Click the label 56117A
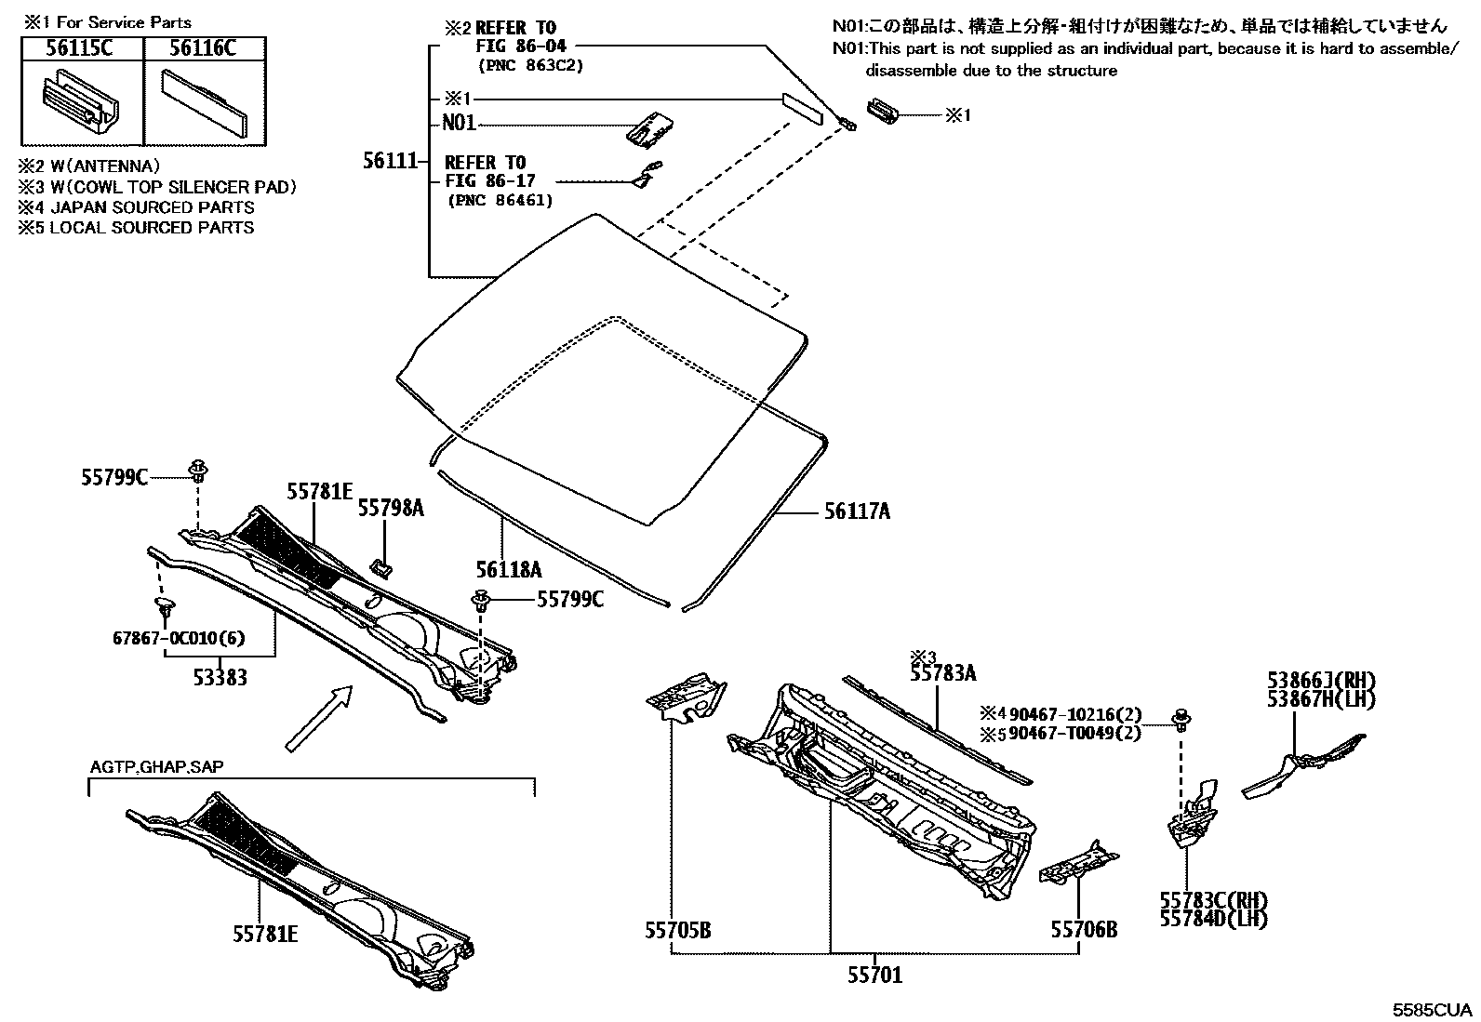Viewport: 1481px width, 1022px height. [856, 511]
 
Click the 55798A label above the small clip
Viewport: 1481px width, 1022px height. [391, 508]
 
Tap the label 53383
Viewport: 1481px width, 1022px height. [220, 678]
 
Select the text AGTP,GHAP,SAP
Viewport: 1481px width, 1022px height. [156, 767]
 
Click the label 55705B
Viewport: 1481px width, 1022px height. [677, 929]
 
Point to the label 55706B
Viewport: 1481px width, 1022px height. [1084, 929]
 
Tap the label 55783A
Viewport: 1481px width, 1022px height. [942, 673]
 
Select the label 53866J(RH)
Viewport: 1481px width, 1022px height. [1321, 681]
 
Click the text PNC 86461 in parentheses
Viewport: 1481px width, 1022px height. [500, 200]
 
